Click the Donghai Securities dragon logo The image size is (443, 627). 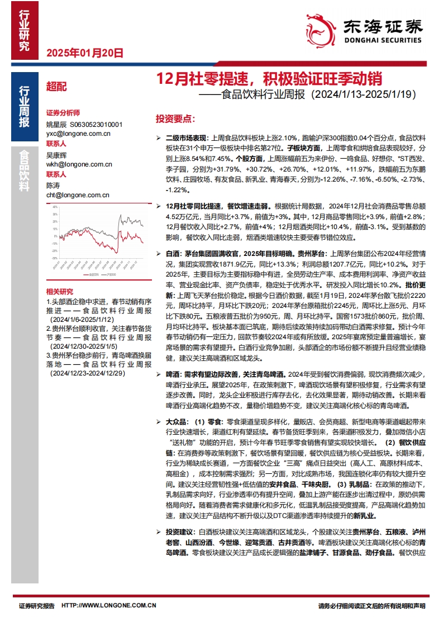coord(320,30)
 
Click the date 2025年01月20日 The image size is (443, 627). coord(83,54)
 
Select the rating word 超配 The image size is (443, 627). coord(56,87)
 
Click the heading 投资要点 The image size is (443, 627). coord(175,119)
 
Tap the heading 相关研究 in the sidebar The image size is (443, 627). coord(60,292)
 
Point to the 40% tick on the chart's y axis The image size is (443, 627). coord(55,207)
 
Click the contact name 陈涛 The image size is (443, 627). coord(53,186)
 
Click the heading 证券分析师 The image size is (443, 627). coord(63,112)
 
